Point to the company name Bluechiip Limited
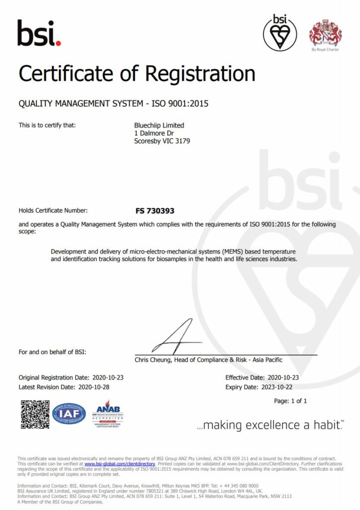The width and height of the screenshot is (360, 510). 159,126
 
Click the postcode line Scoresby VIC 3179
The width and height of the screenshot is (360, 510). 162,141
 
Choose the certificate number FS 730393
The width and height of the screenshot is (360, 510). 155,211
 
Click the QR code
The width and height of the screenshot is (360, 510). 34,414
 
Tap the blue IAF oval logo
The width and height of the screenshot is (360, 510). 69,413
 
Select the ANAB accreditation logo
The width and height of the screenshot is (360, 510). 108,413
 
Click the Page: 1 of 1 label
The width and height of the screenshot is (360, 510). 290,401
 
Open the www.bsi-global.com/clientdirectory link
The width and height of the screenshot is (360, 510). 120,463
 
